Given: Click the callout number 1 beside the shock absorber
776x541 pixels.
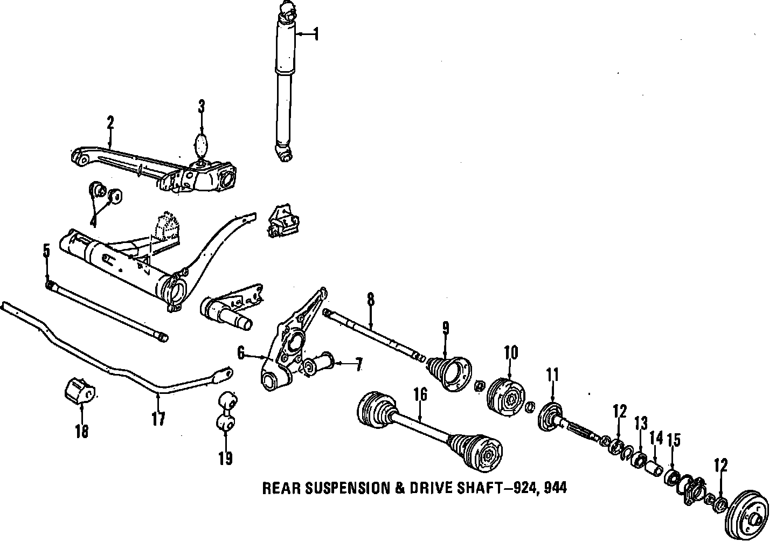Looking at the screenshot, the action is [316, 34].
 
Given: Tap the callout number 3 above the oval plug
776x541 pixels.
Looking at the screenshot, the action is [202, 107].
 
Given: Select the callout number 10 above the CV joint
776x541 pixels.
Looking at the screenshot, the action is [511, 352].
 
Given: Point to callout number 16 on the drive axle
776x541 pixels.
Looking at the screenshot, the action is [420, 394].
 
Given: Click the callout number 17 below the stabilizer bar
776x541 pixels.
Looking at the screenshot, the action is [158, 419].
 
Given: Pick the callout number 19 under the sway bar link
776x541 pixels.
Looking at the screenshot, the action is [225, 459].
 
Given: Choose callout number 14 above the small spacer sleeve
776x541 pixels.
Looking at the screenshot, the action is [656, 438].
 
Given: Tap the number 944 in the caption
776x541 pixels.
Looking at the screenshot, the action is [555, 488].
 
